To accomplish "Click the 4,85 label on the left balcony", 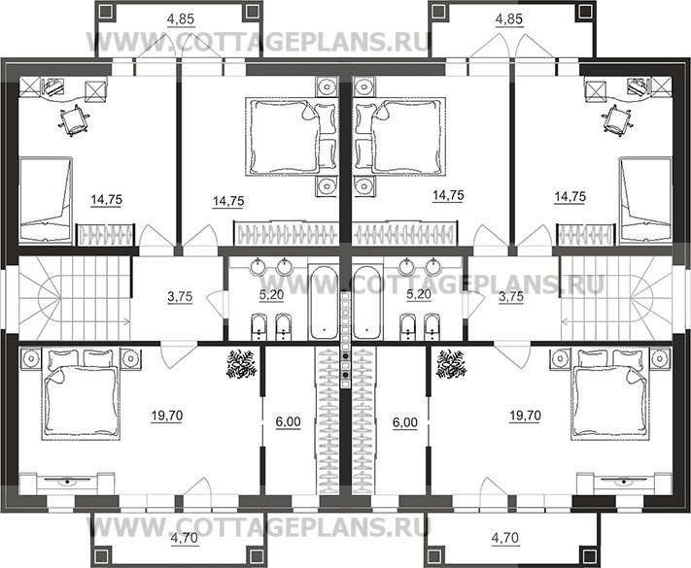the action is (181, 19).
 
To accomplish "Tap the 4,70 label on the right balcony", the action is (505, 538).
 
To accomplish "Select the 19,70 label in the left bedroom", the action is (166, 416).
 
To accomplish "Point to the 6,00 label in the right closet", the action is (405, 422).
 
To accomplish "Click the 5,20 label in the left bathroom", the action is (271, 294).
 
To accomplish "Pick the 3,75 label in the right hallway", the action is (511, 297).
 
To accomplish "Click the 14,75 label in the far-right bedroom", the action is (570, 197).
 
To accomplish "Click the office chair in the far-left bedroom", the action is (73, 119).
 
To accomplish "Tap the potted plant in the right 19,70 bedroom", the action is (450, 363).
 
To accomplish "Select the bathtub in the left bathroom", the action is (324, 302).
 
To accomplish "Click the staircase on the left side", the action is (75, 298).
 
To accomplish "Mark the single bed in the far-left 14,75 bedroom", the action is (46, 200).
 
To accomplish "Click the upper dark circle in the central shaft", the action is (346, 355).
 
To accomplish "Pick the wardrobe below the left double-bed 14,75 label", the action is (287, 232).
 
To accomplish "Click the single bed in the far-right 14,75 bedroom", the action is (645, 200).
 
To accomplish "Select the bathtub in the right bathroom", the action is (367, 302).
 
